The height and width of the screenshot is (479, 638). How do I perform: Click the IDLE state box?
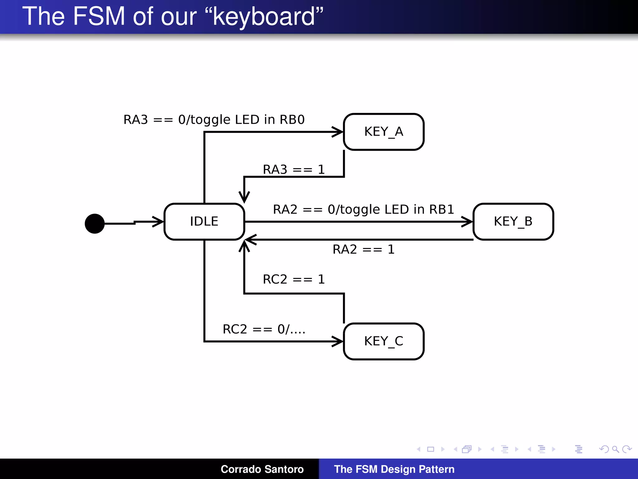(204, 221)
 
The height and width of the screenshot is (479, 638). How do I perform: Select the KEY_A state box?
(383, 132)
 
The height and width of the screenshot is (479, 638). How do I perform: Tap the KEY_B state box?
(513, 221)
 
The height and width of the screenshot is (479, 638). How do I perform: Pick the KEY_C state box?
(383, 341)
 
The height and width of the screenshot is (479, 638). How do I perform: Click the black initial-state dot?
(95, 224)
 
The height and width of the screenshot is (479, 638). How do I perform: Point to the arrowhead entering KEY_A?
(338, 132)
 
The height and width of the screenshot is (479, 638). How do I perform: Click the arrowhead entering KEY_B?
(467, 222)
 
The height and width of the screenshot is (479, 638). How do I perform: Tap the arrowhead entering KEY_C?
(338, 341)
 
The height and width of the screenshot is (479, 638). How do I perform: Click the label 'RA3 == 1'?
(294, 170)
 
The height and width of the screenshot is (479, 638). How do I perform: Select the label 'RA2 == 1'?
(364, 249)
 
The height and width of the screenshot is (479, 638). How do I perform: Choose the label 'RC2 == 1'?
(294, 279)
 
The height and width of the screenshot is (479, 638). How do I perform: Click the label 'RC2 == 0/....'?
(264, 329)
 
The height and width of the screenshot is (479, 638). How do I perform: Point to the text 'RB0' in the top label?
(292, 120)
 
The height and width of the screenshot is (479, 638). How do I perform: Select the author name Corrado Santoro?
(262, 469)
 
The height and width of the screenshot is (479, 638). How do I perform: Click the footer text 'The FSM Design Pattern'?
(394, 469)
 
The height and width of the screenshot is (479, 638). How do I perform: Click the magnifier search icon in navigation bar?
(615, 449)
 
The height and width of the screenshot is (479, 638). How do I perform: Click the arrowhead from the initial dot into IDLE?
(158, 222)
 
